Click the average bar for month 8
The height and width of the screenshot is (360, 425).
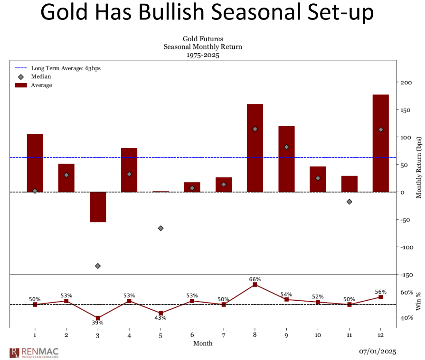255,148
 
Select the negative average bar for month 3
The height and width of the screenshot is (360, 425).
98,207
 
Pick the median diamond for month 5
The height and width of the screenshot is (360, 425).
161,228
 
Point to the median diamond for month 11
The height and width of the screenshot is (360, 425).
349,202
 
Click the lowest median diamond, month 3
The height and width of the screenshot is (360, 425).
98,266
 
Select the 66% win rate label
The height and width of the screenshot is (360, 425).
255,279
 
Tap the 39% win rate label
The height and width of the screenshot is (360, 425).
98,323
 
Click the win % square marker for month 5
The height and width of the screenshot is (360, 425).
161,313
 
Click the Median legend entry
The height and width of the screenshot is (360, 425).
41,76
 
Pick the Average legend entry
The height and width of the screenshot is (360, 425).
41,85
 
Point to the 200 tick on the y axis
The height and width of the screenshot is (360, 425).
406,83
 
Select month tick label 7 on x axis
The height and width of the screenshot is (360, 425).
224,335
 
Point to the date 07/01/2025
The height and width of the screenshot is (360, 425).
377,351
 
